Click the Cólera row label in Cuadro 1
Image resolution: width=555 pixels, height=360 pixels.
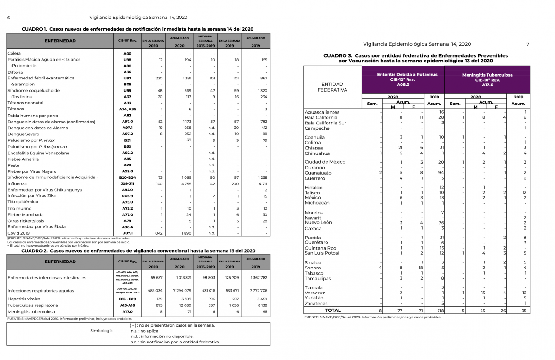[14, 54]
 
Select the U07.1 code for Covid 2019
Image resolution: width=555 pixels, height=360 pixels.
[128, 233]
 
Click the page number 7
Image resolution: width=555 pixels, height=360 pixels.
[528, 44]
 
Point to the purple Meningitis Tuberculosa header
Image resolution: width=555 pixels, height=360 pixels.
[487, 79]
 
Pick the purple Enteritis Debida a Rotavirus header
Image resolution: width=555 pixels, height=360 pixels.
[401, 79]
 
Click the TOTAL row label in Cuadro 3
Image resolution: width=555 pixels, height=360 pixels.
[333, 311]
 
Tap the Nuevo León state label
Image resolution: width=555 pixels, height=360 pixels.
[318, 223]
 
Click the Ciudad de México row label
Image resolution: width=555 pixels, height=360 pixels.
[325, 162]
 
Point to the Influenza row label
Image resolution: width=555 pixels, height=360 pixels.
[17, 183]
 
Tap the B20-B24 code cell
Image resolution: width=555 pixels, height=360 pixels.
[128, 177]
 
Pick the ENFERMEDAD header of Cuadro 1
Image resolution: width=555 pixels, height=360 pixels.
[60, 41]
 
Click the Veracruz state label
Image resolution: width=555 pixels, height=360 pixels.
[314, 293]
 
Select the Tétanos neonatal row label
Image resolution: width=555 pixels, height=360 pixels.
[25, 103]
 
